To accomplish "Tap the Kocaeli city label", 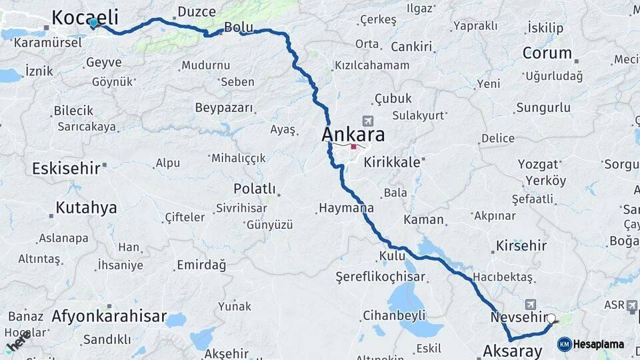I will coord(85,17).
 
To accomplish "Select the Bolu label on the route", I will coord(239,27).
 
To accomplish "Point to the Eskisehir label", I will coord(65,168).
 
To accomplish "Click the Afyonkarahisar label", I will coord(109,316).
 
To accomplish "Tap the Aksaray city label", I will coord(512,350).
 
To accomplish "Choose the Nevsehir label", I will coord(517,317).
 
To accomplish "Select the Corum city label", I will coord(547,53).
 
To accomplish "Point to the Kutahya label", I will coord(86,207).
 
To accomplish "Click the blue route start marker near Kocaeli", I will coord(93,23).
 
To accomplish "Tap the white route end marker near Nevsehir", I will coord(551,319).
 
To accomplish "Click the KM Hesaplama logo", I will coord(591,344).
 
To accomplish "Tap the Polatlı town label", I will coord(255,189).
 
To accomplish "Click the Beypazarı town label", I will coord(224,107).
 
